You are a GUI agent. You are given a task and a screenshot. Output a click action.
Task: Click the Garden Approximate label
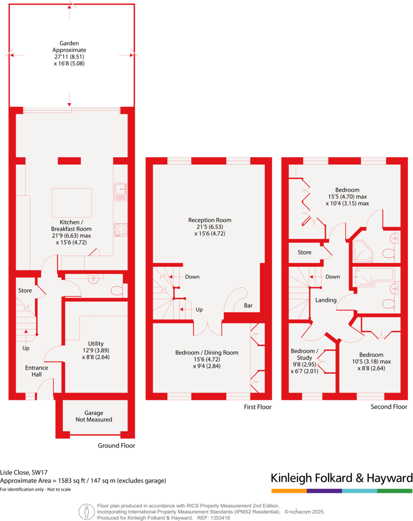70,53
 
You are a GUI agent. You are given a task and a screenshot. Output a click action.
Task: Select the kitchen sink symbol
120,192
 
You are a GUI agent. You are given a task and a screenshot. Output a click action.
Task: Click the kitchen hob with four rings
120,230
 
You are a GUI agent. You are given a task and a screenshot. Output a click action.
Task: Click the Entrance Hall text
36,371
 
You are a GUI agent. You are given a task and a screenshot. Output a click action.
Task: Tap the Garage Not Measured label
94,416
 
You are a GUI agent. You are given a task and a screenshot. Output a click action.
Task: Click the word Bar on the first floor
248,305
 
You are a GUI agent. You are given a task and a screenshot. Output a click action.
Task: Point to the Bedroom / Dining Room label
207,356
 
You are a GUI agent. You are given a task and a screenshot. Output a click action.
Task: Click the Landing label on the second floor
326,300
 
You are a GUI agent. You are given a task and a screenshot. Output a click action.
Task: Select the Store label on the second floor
304,252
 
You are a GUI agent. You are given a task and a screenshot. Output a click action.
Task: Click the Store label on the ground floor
25,291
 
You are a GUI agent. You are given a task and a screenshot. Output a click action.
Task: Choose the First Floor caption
257,407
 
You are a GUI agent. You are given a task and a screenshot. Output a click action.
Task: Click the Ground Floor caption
117,445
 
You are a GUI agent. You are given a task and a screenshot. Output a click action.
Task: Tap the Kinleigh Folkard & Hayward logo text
341,478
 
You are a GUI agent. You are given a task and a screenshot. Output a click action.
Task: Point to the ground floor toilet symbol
116,290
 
